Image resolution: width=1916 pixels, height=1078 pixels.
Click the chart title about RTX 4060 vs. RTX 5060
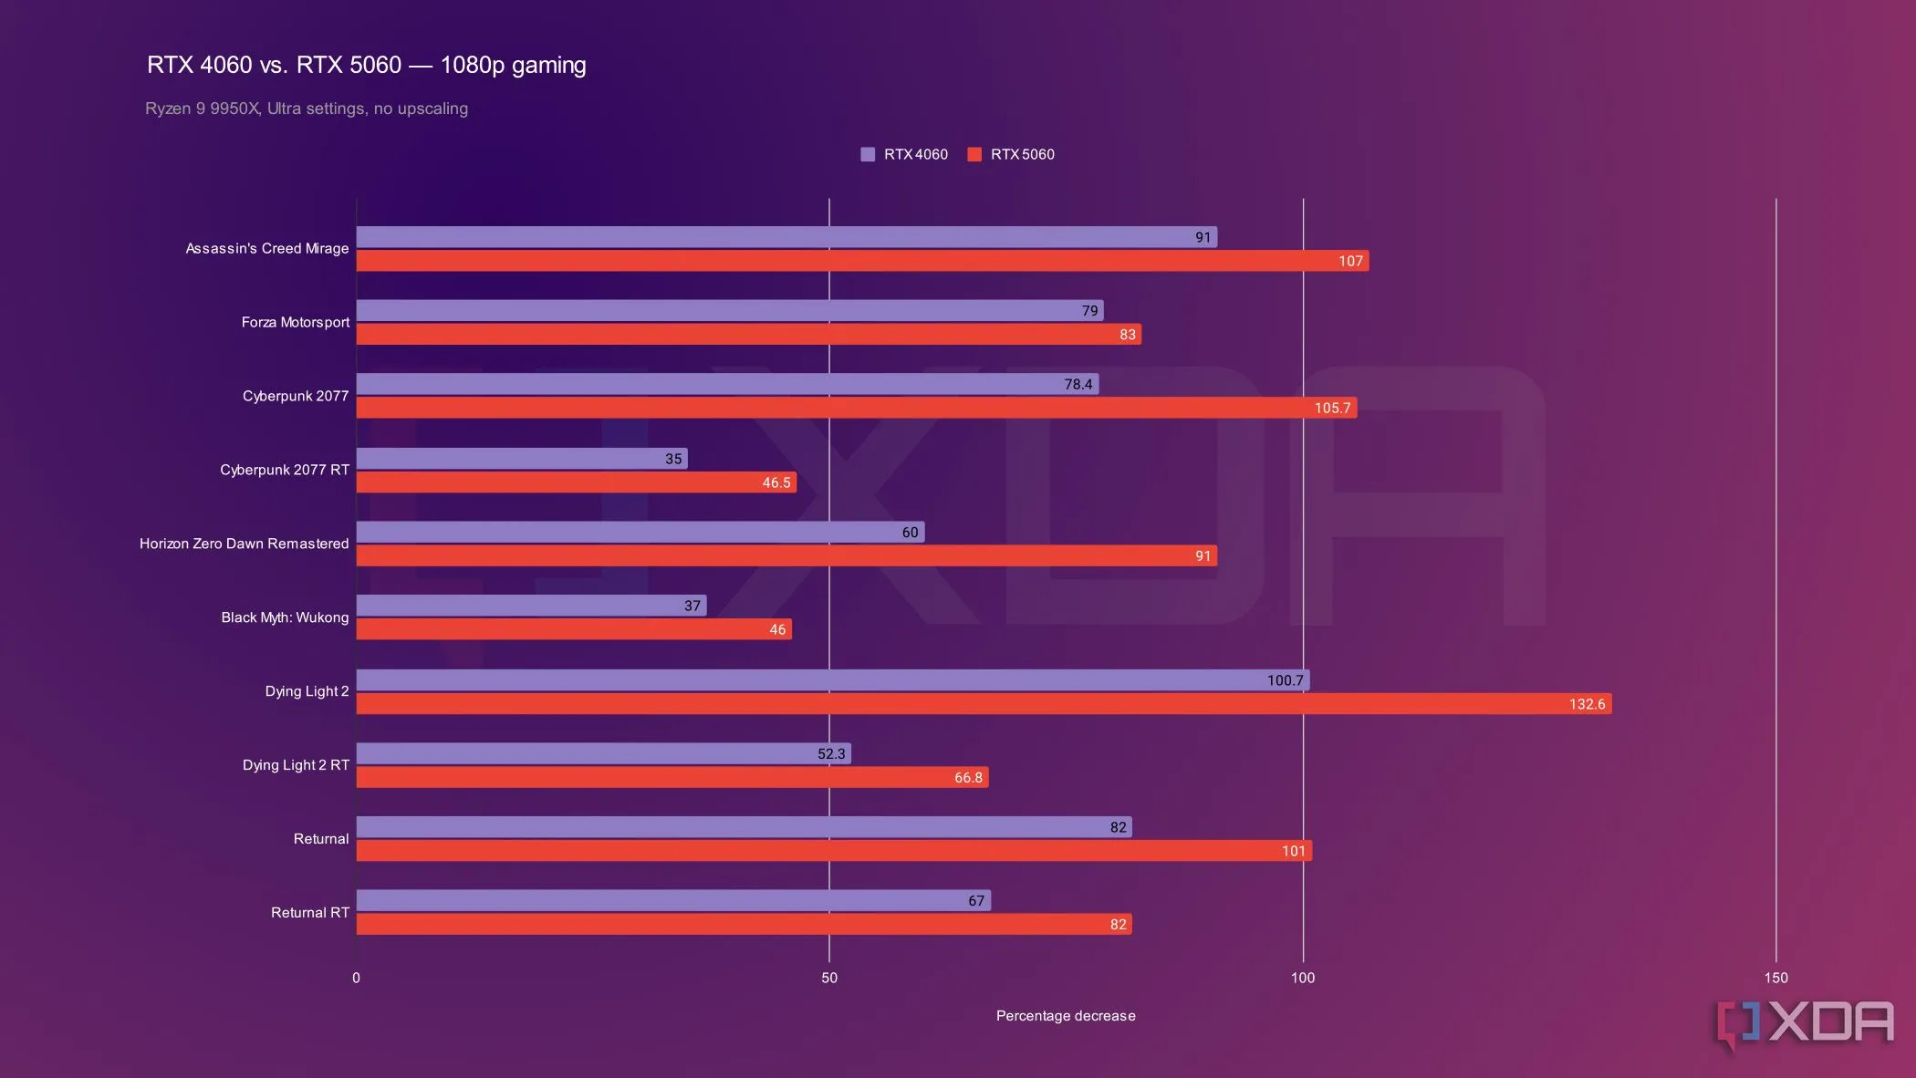pos(366,66)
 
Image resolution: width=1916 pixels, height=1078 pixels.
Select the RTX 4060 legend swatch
pos(868,154)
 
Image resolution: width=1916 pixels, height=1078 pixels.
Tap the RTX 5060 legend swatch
pos(974,154)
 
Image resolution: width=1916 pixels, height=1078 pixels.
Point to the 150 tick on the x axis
pos(1775,978)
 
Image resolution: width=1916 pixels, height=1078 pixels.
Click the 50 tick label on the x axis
pos(829,978)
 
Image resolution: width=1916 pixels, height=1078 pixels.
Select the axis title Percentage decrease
pos(1066,1016)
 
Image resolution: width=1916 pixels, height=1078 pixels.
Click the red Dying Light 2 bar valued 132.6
pos(984,704)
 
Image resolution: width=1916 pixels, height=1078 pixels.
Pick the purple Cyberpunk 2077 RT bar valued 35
pos(521,459)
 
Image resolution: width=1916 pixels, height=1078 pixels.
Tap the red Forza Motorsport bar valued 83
pos(748,335)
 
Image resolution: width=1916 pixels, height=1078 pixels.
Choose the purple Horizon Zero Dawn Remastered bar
pos(640,532)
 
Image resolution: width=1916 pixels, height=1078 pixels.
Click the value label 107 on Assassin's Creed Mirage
pos(1350,261)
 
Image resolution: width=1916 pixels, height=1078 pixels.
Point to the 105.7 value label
pos(1332,408)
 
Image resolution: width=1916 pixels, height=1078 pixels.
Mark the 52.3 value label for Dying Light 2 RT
pos(831,754)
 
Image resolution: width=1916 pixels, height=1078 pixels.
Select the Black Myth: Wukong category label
pos(285,617)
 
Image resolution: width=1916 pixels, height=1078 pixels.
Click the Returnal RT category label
pos(310,912)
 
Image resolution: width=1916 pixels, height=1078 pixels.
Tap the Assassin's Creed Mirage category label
pos(267,248)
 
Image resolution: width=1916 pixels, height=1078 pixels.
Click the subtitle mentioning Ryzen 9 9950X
pos(307,109)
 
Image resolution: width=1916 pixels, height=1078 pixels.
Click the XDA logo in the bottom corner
pos(1805,1023)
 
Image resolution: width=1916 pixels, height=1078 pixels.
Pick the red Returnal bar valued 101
pos(834,851)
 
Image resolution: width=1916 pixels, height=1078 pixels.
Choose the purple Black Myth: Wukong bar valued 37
pos(531,606)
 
